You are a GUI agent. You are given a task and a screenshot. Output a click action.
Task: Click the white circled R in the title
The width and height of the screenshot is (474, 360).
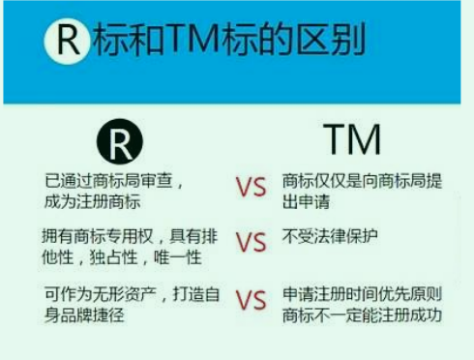pos(67,42)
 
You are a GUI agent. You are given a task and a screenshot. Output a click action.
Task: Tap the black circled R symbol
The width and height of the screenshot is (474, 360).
pos(120,141)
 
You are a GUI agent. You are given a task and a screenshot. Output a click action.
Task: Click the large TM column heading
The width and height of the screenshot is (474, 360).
pos(352,139)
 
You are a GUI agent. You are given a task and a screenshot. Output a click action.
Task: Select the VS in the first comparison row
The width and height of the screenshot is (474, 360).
pos(251,187)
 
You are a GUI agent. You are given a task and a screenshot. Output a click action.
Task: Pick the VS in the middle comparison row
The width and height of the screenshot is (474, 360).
pos(251,242)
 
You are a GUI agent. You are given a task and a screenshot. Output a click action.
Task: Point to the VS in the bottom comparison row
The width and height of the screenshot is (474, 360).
pos(251,300)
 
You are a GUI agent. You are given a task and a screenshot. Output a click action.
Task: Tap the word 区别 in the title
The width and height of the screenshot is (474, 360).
pos(331,40)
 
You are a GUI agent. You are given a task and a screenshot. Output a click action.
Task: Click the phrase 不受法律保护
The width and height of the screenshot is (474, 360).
pos(330,236)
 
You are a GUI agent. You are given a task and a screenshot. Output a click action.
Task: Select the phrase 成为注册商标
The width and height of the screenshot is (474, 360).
pos(92,202)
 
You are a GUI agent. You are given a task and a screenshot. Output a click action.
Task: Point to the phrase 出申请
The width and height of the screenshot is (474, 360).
pos(306,202)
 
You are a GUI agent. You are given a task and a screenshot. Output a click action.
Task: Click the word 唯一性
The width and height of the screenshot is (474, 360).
pos(178,257)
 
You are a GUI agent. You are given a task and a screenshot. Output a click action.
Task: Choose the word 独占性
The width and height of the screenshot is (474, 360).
pos(113,257)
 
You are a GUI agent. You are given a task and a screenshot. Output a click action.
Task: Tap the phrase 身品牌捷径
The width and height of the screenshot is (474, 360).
pos(84,315)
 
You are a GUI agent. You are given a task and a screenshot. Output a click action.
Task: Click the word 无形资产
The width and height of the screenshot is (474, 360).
pos(124,294)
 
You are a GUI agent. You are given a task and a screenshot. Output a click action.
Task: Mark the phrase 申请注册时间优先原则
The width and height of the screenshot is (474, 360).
pos(362,294)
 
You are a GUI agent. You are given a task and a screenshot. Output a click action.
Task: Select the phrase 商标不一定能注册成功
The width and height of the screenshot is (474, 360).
pos(362,315)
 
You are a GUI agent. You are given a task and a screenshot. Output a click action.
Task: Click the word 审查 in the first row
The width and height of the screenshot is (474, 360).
pos(157,181)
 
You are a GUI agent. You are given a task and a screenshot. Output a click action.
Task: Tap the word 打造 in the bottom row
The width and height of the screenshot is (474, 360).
pos(189,294)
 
